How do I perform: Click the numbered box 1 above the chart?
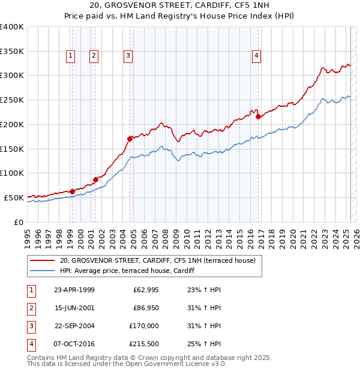pos(71,56)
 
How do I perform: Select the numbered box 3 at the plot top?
pos(128,56)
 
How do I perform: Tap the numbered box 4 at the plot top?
pos(256,56)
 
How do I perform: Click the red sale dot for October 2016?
pos(258,117)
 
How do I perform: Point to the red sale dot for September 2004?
pos(130,139)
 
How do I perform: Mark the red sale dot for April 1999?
pos(72,191)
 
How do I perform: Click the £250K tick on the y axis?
pos(12,100)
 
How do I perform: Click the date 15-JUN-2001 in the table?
pos(74,308)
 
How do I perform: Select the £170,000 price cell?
pos(143,326)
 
